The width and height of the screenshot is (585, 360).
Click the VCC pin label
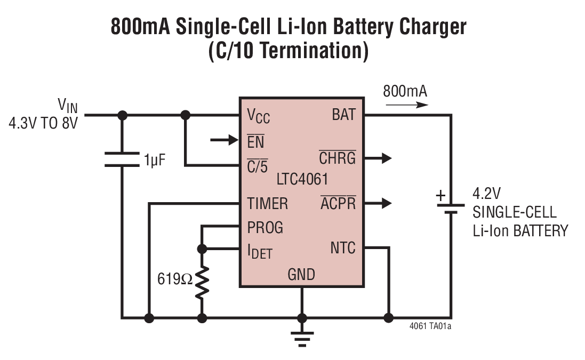click(x=258, y=116)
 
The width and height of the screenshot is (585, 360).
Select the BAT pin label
click(x=343, y=115)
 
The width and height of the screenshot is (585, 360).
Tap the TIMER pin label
click(x=267, y=203)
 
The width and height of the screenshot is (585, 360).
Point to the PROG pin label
click(x=265, y=227)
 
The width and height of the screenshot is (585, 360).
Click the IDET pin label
click(x=259, y=250)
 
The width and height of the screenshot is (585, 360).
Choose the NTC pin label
click(x=342, y=248)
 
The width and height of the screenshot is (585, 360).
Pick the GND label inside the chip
click(x=301, y=275)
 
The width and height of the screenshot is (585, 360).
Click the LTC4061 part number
click(x=302, y=178)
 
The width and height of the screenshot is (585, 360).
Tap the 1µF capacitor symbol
click(x=122, y=159)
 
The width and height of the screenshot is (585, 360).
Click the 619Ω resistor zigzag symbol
click(x=202, y=283)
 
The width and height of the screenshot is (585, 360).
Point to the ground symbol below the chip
click(x=302, y=335)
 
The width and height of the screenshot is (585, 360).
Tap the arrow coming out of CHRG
click(x=381, y=158)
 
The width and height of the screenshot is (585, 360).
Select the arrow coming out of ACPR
click(x=381, y=203)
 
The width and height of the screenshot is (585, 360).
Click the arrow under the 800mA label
click(x=406, y=105)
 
